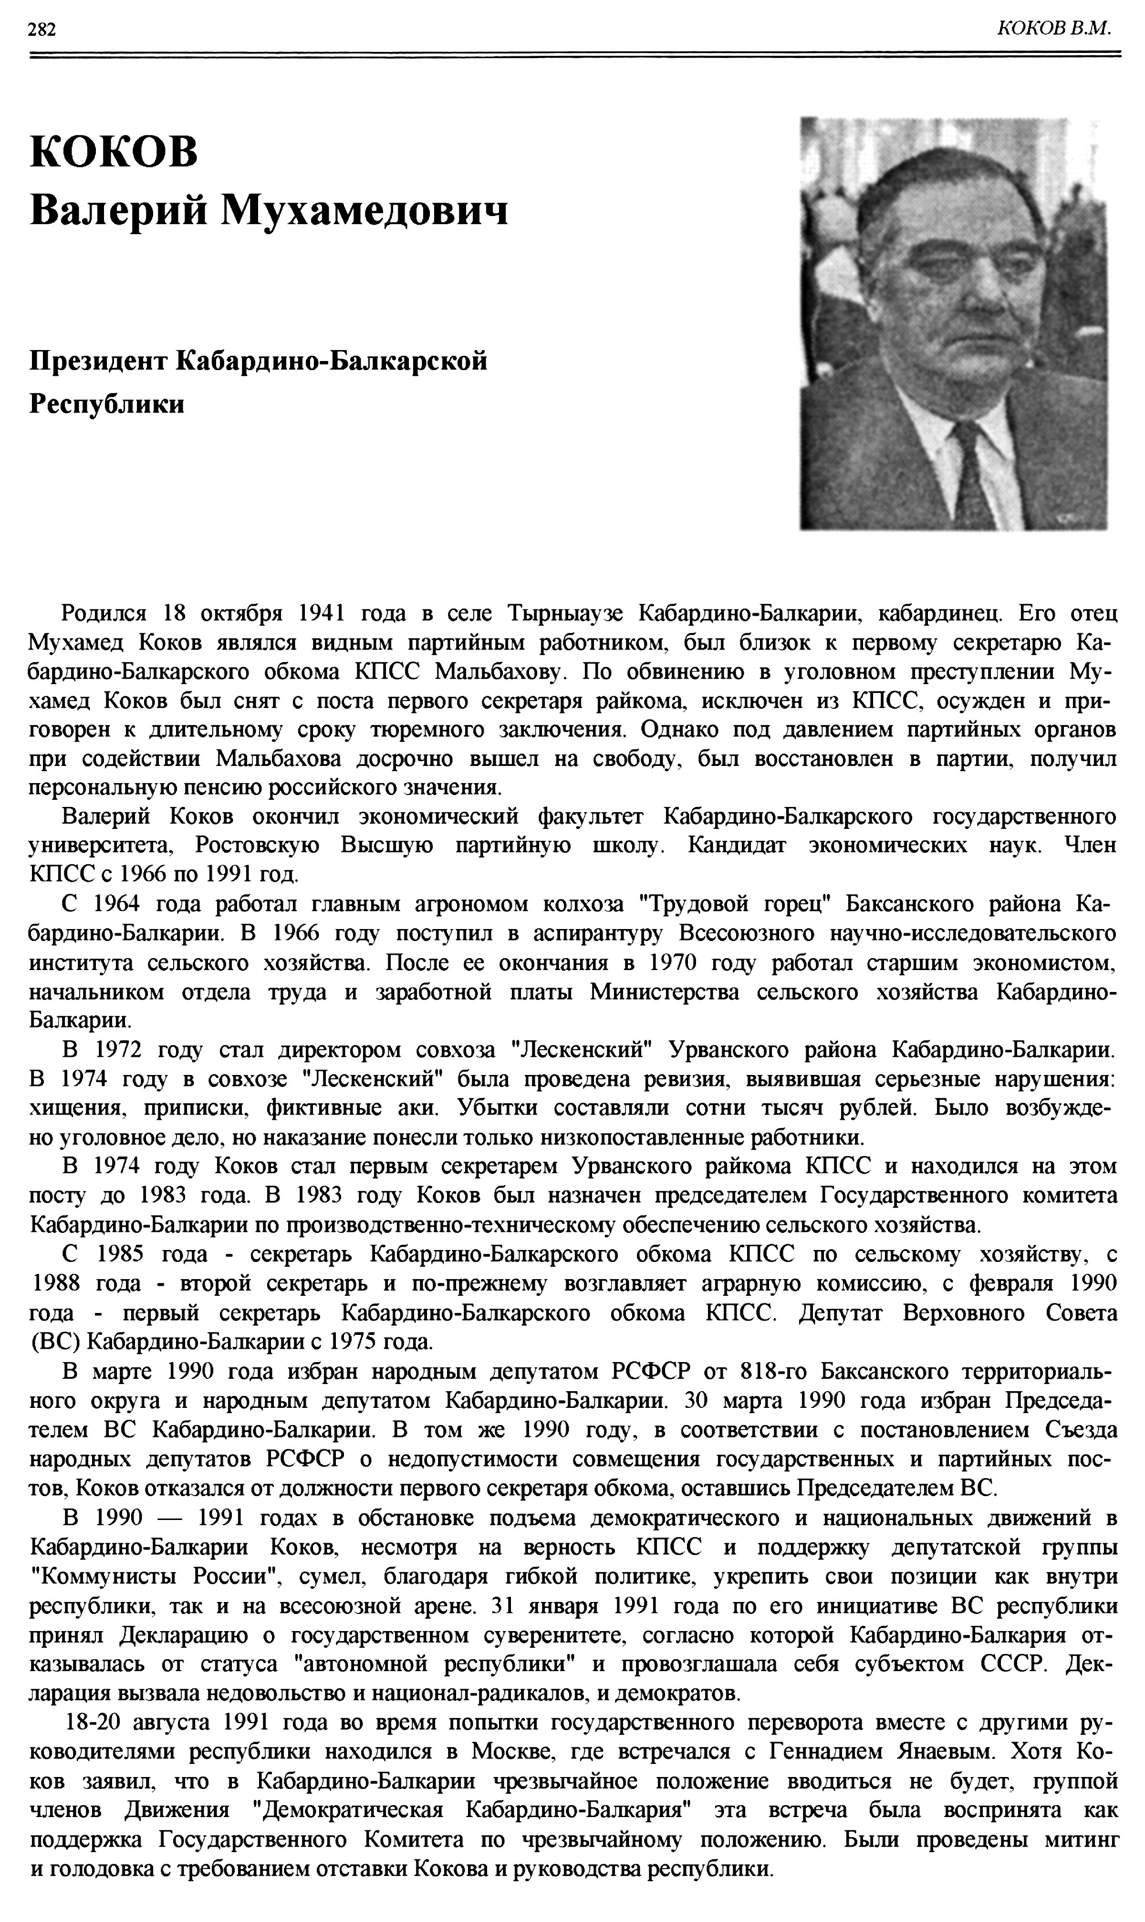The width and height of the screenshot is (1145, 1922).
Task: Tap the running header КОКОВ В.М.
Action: (1054, 29)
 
